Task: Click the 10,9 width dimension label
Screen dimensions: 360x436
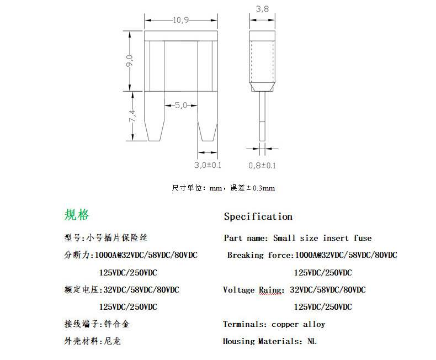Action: (180, 20)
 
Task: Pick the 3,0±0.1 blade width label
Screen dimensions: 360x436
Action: (208, 165)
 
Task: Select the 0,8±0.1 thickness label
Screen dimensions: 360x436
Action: (262, 165)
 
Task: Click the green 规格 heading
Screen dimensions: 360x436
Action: (76, 215)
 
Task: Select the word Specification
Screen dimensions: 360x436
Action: (258, 216)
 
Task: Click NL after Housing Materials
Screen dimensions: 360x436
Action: (312, 341)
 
